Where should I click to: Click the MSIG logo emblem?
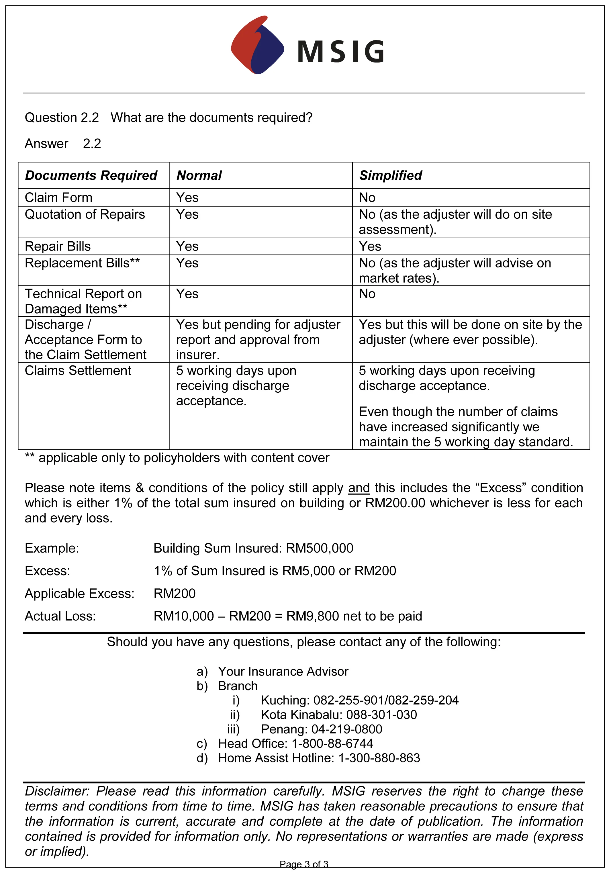click(x=258, y=45)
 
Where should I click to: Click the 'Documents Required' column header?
click(x=91, y=176)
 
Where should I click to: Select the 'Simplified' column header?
click(x=390, y=176)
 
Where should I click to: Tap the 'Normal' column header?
click(x=199, y=176)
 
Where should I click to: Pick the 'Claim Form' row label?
click(x=58, y=198)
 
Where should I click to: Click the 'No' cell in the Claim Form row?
click(x=367, y=198)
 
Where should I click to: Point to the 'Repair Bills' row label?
click(x=58, y=246)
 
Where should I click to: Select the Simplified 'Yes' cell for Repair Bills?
click(x=370, y=246)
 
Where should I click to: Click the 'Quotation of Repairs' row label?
click(x=85, y=214)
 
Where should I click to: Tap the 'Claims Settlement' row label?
click(x=78, y=371)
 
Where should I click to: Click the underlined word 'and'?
click(x=359, y=488)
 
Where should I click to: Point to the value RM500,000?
click(x=319, y=548)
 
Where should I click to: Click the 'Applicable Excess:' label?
click(x=79, y=594)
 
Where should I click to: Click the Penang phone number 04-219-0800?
click(x=347, y=729)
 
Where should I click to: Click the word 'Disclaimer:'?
click(x=57, y=791)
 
